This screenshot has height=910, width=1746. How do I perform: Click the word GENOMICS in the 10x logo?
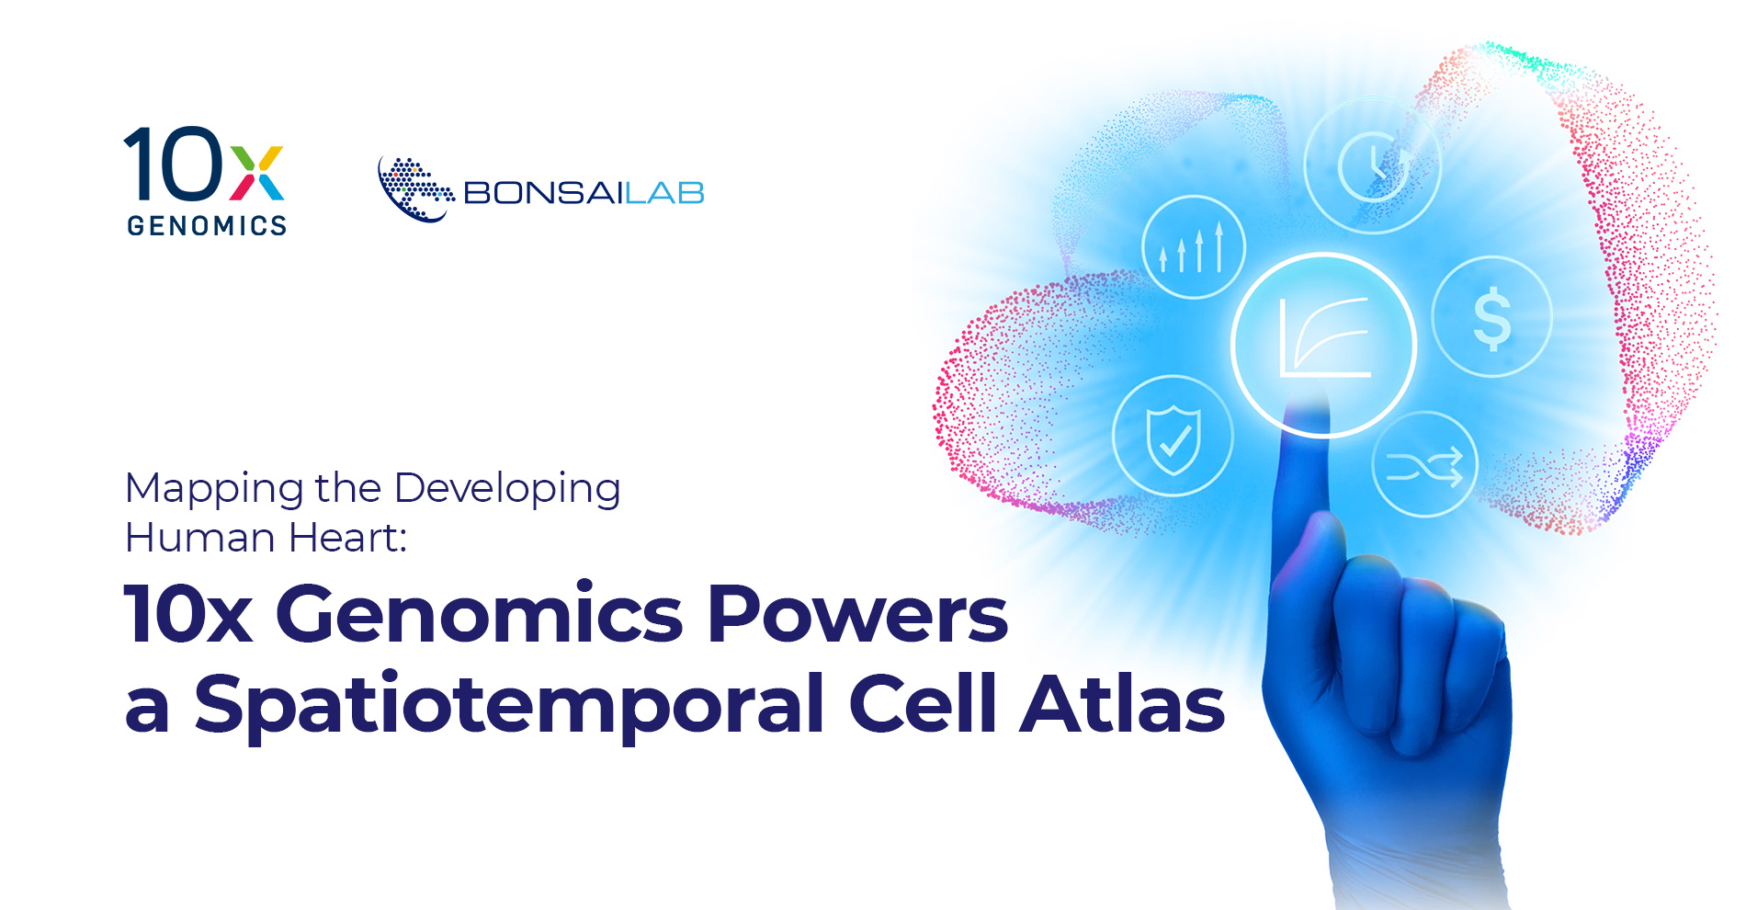[x=207, y=225]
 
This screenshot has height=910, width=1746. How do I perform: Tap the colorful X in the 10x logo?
[x=256, y=173]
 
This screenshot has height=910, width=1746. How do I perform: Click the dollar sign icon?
[x=1491, y=318]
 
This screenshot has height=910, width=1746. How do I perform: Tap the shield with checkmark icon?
[x=1173, y=438]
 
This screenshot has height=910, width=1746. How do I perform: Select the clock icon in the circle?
[x=1374, y=166]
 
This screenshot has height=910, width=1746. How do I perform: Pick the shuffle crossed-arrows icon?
[x=1424, y=466]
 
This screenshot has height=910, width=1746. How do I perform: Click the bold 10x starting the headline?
[x=188, y=614]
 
